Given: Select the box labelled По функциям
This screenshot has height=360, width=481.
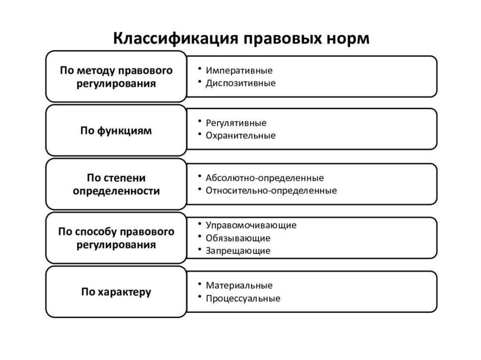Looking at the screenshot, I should coord(116,130).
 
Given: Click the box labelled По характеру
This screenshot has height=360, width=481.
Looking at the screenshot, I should coord(116,292).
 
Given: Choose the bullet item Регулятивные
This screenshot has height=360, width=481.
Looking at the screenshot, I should coord(236,123).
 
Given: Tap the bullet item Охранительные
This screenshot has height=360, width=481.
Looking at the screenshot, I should coord(240,136).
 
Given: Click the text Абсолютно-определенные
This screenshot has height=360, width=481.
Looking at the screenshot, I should coord(264,178).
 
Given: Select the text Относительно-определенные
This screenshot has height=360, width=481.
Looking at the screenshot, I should coord(271,191).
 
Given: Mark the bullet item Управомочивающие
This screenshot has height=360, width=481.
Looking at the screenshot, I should coord(251,225).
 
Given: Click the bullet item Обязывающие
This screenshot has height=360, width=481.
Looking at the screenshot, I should coord(238,238).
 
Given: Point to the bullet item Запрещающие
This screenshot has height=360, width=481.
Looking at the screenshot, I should coord(238,251).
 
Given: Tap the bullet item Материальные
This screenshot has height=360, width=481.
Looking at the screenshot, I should coord(239,285).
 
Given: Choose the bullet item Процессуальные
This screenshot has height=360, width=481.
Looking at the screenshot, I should coord(243,298).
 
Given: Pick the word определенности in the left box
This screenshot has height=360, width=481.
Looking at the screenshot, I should coord(116,191).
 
